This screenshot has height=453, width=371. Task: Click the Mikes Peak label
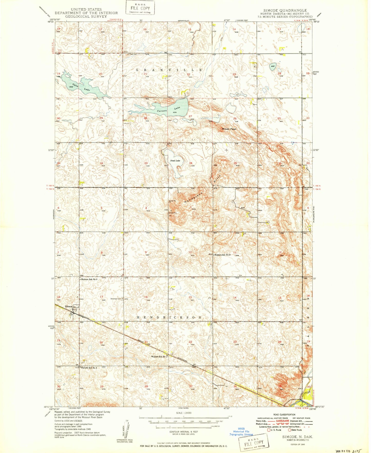229,129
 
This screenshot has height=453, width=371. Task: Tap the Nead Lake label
175,161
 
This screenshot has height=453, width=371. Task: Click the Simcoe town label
69,306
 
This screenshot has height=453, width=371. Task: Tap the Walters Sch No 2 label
223,255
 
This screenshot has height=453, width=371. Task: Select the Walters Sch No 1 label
159,357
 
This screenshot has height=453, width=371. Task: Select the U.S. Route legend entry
274,430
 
